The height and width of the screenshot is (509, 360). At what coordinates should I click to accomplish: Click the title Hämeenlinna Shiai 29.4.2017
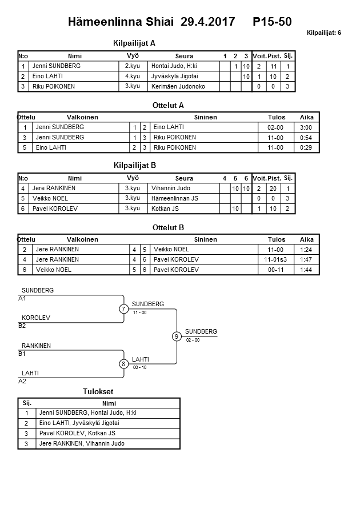pos(151,22)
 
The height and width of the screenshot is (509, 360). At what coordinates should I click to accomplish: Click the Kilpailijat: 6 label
pos(323,33)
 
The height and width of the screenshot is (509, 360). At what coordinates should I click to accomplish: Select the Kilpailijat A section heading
pos(135,43)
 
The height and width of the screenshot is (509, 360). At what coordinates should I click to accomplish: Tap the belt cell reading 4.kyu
pos(133,76)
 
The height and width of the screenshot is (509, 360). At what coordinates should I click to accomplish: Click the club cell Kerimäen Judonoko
pos(178,86)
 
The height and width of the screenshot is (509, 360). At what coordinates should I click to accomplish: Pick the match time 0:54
pos(306,138)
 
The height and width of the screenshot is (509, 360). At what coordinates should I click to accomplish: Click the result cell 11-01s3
pos(276,259)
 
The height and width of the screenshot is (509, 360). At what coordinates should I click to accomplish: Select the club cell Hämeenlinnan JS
pos(175,198)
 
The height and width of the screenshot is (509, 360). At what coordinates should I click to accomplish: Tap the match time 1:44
pos(306,270)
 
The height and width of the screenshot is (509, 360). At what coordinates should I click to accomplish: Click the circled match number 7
pos(123,309)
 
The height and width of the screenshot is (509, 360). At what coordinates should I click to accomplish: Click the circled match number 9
pos(177,336)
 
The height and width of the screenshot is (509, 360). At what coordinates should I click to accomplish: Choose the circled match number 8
pos(123,364)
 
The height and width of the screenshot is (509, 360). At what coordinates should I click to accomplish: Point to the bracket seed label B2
pos(22,326)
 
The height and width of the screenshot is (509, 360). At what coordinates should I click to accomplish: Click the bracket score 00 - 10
pos(139,367)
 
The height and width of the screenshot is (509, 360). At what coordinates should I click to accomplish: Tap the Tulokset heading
pos(99,391)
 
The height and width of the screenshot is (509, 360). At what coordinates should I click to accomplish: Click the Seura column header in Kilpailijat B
pos(184,178)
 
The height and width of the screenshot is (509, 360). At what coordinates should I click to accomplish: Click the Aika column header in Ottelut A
pos(307,117)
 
